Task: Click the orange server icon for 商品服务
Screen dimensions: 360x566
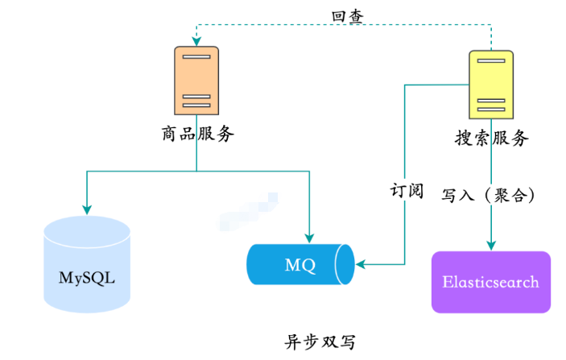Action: (x=196, y=81)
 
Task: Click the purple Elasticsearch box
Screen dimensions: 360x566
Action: (x=491, y=282)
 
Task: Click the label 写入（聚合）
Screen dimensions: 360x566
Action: (x=490, y=195)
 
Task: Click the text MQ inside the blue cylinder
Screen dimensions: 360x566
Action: (x=300, y=265)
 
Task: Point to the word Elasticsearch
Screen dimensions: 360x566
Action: (x=491, y=283)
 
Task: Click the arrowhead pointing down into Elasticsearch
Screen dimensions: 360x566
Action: (x=490, y=243)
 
